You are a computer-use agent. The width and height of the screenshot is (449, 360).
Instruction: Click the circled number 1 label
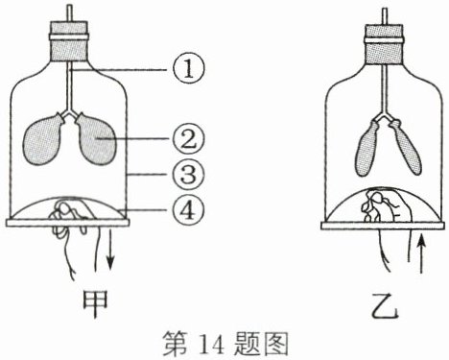188,70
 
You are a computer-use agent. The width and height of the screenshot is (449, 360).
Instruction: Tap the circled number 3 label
188,175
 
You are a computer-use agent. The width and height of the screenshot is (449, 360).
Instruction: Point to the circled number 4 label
188,210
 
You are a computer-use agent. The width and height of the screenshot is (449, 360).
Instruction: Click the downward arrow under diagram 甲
110,249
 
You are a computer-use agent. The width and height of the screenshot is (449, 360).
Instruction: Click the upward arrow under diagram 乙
422,253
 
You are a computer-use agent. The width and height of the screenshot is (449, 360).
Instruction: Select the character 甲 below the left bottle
96,303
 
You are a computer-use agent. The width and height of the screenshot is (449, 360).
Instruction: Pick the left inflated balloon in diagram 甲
44,138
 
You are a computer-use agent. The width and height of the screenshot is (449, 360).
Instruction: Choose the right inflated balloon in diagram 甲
95,138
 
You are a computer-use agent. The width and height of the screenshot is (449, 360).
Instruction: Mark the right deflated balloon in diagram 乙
405,148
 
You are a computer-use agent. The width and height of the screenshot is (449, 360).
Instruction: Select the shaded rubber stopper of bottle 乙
385,44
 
